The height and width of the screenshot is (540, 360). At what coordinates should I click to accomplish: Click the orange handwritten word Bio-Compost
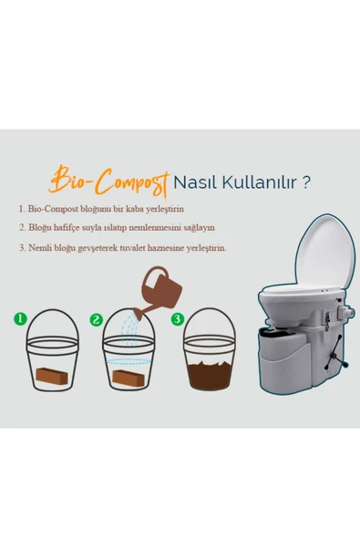pos(109,182)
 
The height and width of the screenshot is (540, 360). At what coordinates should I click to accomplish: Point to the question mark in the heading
pos(305,182)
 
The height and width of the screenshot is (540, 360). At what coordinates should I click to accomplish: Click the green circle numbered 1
pos(20,318)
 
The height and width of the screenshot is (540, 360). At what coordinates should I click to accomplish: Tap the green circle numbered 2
pos(97,320)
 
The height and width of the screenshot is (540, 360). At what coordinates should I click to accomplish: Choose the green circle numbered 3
pos(177,319)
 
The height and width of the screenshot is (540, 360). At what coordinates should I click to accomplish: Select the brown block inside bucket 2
pos(129,378)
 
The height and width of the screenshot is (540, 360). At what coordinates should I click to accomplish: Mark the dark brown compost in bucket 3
pos(210,375)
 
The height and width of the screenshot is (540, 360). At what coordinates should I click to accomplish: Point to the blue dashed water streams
pos(130,329)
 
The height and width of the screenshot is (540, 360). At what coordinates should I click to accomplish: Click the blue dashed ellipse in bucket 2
pos(129,362)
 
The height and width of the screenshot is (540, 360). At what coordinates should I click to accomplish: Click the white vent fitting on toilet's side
pos(345,312)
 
